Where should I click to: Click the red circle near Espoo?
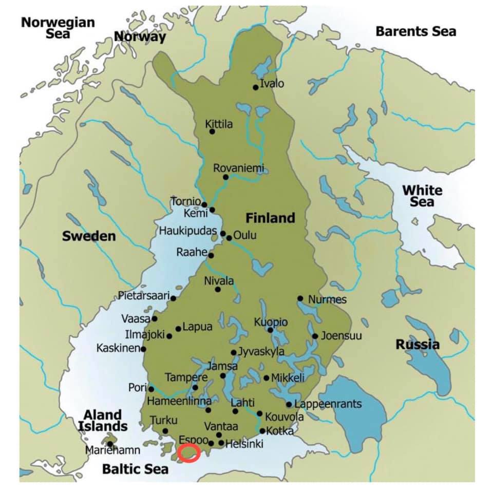click(x=188, y=453)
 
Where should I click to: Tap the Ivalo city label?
click(x=272, y=84)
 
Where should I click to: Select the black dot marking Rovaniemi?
click(x=225, y=177)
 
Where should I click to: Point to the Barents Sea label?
click(x=415, y=31)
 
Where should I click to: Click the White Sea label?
click(x=422, y=196)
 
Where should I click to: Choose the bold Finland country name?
click(x=270, y=218)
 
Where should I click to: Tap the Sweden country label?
click(x=89, y=236)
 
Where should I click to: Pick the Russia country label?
click(x=417, y=345)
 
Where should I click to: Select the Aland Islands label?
click(x=103, y=420)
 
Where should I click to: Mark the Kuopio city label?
click(x=271, y=322)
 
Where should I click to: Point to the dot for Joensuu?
click(x=315, y=336)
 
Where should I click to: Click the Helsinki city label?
click(x=244, y=443)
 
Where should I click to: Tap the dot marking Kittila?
click(x=212, y=131)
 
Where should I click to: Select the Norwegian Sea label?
click(x=58, y=28)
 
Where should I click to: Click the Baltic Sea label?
click(x=135, y=469)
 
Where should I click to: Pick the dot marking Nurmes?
click(x=300, y=298)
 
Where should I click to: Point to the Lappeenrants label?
click(x=328, y=404)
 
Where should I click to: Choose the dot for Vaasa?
click(x=155, y=318)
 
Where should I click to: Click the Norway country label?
click(x=140, y=37)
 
